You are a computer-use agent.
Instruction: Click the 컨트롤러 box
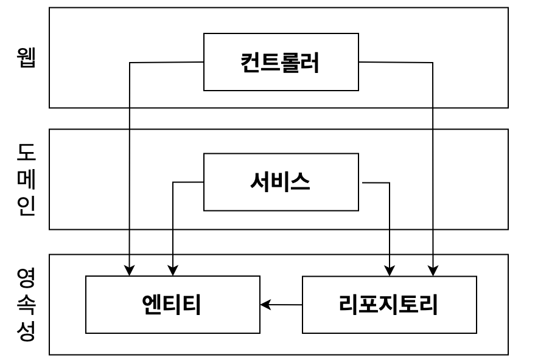click(281, 62)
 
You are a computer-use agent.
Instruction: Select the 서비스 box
click(281, 182)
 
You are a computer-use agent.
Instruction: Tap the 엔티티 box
click(173, 305)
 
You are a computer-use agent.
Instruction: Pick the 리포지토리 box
click(389, 305)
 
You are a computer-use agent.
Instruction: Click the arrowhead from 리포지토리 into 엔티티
click(265, 305)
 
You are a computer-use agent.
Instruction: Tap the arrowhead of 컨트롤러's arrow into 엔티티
click(130, 271)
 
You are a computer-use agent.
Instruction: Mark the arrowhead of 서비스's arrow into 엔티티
click(173, 271)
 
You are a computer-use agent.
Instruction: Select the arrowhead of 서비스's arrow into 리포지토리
click(390, 271)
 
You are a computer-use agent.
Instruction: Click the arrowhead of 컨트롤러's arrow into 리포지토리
click(433, 271)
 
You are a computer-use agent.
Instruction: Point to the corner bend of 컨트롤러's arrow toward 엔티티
click(130, 63)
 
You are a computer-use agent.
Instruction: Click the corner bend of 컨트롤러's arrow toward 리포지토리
click(433, 63)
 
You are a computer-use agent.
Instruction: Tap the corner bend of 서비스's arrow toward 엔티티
click(173, 182)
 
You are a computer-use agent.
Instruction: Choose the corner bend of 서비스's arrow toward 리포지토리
click(390, 182)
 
